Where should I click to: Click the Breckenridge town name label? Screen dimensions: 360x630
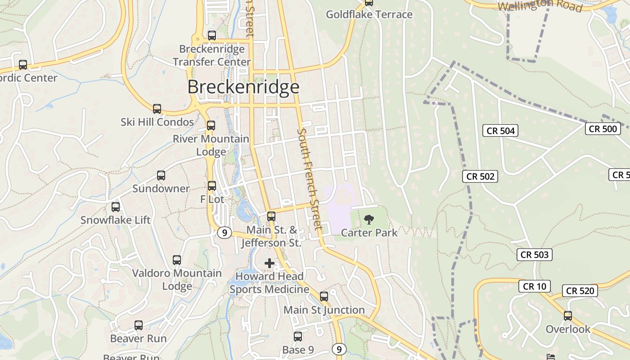coord(243,87)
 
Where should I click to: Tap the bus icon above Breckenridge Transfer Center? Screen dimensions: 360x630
coord(212,35)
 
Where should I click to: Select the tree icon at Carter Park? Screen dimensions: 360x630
coord(369,220)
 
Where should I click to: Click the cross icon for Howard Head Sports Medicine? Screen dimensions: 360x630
coord(270,263)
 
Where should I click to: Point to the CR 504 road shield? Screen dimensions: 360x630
coord(500,131)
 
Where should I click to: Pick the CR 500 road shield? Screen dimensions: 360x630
coord(603,129)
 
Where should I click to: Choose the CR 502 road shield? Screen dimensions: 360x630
coord(481,176)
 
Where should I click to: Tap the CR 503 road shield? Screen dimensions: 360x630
coord(535,255)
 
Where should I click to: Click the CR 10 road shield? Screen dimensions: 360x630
coord(535,286)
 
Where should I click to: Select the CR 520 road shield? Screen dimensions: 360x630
coord(580,291)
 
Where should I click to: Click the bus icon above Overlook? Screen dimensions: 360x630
coord(568,316)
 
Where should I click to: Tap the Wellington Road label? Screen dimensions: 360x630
coord(540,6)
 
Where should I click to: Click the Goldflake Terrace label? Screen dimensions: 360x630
coord(369,14)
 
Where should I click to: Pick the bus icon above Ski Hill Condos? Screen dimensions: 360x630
coord(157,109)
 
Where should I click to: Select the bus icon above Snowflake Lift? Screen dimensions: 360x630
coord(116,207)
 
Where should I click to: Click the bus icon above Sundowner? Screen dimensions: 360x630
coord(161,175)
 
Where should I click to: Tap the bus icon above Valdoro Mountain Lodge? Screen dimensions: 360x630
coord(177,260)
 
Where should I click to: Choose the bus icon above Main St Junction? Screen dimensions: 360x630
coord(324,297)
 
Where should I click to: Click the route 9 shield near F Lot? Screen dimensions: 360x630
coord(224,233)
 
